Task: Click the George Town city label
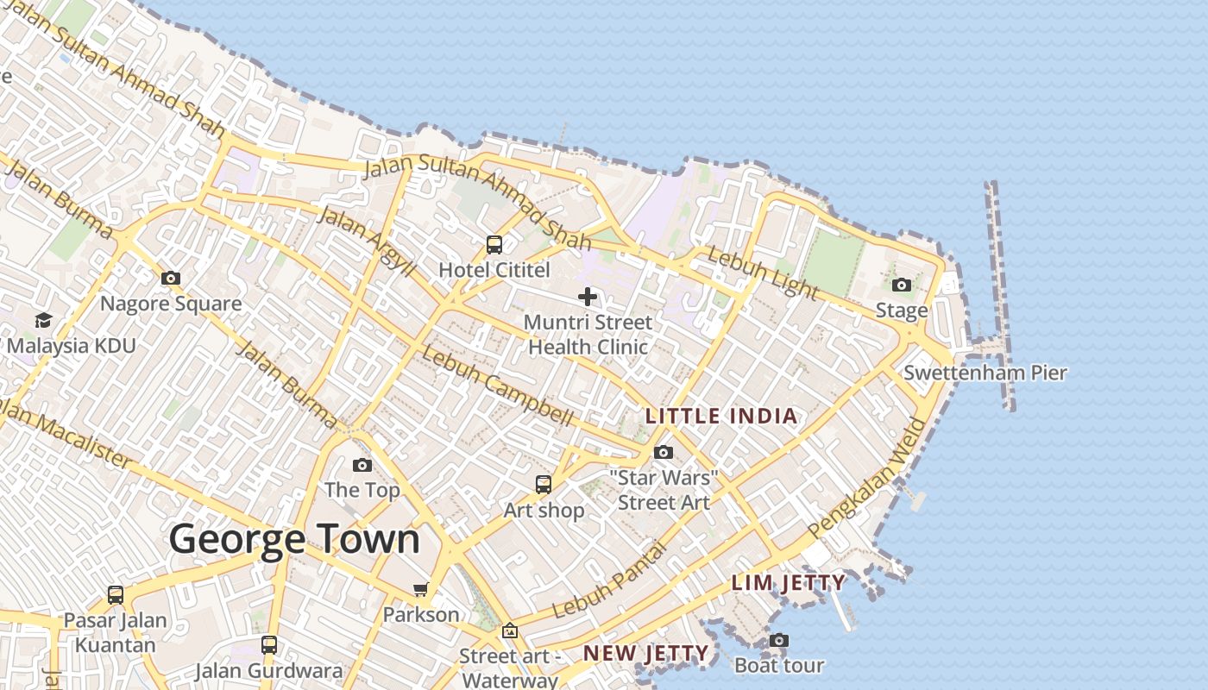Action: [x=294, y=539]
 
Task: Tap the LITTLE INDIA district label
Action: [x=721, y=417]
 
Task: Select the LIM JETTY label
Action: [x=788, y=583]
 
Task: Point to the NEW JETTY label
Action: [x=645, y=654]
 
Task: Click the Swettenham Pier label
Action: [x=985, y=373]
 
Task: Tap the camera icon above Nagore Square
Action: [x=171, y=278]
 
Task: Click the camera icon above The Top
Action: [x=362, y=465]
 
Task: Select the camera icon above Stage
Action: [x=902, y=285]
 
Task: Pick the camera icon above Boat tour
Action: [x=778, y=640]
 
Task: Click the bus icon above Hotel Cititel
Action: [x=494, y=245]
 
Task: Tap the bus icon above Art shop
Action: [x=544, y=485]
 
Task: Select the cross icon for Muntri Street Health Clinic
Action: [x=588, y=297]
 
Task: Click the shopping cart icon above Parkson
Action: [x=420, y=590]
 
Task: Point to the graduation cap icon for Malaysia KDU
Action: [x=43, y=320]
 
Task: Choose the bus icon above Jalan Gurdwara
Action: [x=269, y=645]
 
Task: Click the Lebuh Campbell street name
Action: [x=498, y=387]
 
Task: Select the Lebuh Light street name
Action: [x=762, y=273]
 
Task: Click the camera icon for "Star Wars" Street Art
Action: [x=664, y=452]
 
